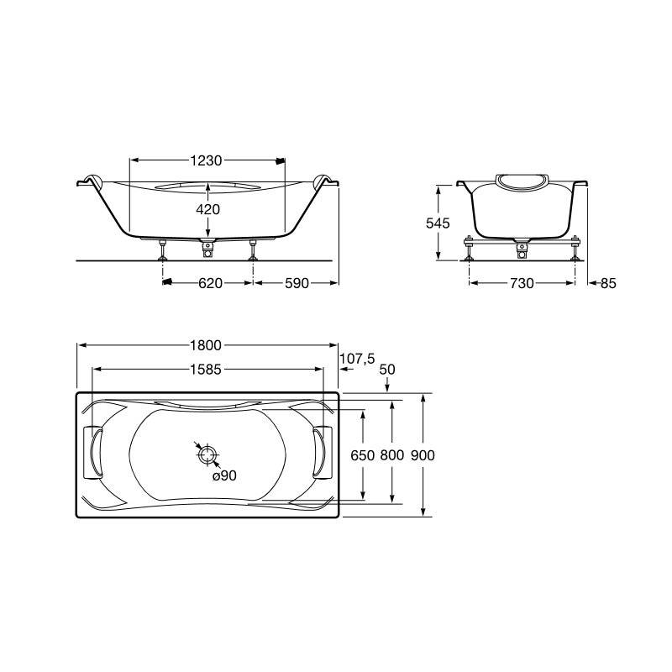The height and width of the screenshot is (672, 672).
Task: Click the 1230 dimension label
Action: (x=206, y=160)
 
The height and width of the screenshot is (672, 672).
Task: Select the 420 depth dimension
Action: (x=207, y=209)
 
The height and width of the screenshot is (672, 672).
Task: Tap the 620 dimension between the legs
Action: (x=211, y=283)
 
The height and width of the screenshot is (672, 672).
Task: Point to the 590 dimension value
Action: (x=297, y=283)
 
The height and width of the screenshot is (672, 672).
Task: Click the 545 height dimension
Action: (x=438, y=223)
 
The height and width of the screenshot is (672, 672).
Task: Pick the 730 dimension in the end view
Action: (x=522, y=283)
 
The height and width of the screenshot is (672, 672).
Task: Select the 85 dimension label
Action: (x=608, y=283)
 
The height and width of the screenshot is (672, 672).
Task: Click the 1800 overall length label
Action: (x=206, y=345)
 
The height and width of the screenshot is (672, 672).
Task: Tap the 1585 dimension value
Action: (x=206, y=370)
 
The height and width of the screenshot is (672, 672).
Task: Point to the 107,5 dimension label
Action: (x=358, y=359)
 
